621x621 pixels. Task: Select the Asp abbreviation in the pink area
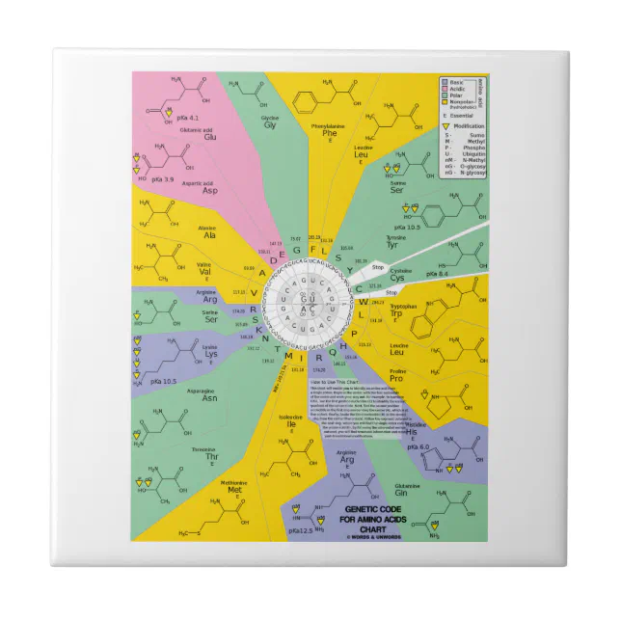tap(209, 190)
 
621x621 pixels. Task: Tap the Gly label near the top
tap(270, 125)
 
